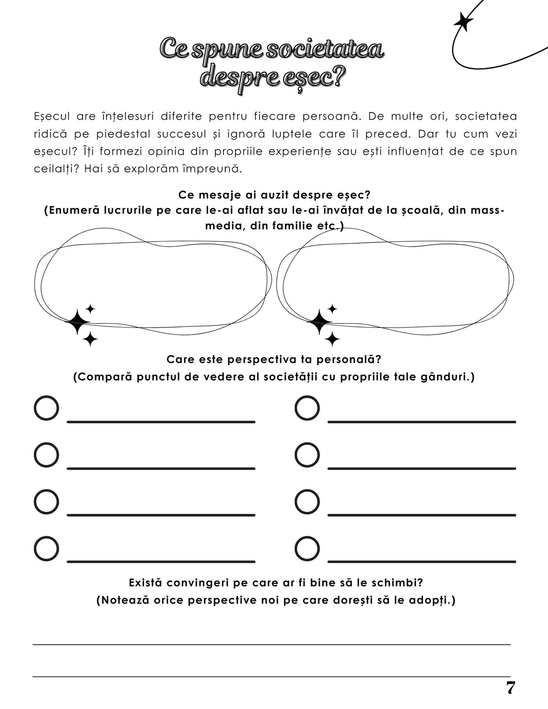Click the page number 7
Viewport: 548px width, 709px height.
pyautogui.click(x=510, y=688)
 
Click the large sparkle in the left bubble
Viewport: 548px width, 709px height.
pyautogui.click(x=77, y=322)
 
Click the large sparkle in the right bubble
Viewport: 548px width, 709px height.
pyautogui.click(x=319, y=322)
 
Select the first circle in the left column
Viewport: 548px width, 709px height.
pyautogui.click(x=46, y=408)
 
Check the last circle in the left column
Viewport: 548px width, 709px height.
pyautogui.click(x=46, y=548)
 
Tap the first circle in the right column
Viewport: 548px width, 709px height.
pyautogui.click(x=307, y=408)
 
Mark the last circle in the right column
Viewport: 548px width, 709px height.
pyautogui.click(x=307, y=548)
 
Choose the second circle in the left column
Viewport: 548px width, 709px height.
pyautogui.click(x=46, y=455)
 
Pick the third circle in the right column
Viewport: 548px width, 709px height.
pyautogui.click(x=307, y=502)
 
